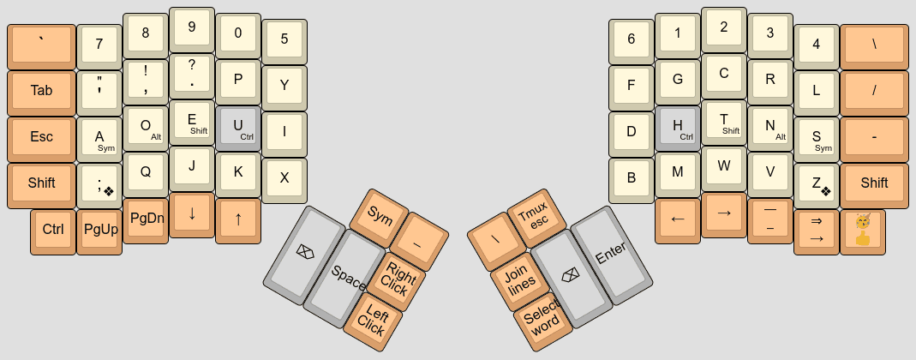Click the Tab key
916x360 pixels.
[x=41, y=91]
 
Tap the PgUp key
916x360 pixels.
[x=99, y=230]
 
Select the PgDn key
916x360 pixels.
[x=146, y=219]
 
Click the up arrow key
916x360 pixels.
[x=238, y=219]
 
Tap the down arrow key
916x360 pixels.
[x=192, y=213]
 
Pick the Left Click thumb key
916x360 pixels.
[x=373, y=320]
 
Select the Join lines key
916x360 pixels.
[x=518, y=279]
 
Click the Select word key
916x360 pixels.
[x=542, y=320]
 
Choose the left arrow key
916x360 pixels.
[x=678, y=219]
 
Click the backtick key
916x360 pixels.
[x=41, y=45]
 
